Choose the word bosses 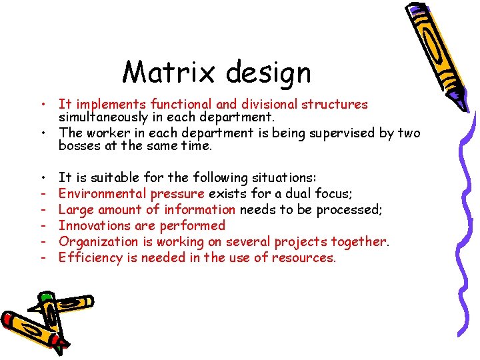click(79, 145)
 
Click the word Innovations click(93, 225)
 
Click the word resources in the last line click(303, 257)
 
